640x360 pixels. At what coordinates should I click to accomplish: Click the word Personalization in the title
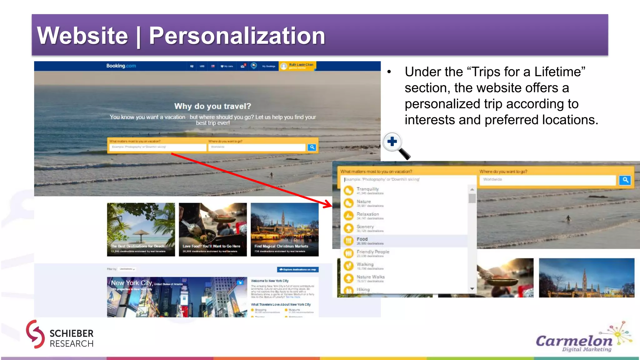pos(237,36)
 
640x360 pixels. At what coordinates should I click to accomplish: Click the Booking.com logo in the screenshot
pos(121,66)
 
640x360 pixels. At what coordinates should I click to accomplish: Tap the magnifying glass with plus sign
pos(393,142)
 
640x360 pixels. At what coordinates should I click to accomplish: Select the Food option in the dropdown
pos(362,239)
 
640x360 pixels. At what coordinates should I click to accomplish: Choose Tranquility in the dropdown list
pos(367,189)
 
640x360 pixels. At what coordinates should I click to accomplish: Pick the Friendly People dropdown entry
pos(373,252)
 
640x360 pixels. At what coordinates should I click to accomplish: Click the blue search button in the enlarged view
pos(625,180)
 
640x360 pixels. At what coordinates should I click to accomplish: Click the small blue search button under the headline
pos(312,147)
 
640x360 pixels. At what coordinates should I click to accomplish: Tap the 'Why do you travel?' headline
pos(212,106)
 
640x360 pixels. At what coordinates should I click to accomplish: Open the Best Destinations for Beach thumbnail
pos(141,229)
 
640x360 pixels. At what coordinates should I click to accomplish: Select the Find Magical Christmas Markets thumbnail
pos(284,229)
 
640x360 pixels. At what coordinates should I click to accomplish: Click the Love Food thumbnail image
pos(212,229)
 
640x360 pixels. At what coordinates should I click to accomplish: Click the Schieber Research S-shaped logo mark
pos(35,334)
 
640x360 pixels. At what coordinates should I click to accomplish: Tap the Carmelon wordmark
pos(574,341)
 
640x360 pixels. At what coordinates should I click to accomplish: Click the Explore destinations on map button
pos(297,269)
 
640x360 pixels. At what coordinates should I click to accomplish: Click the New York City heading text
pos(132,283)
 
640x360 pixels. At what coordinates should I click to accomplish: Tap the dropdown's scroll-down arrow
pos(472,289)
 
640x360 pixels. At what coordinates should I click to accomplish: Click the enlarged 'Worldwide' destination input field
pos(547,180)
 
